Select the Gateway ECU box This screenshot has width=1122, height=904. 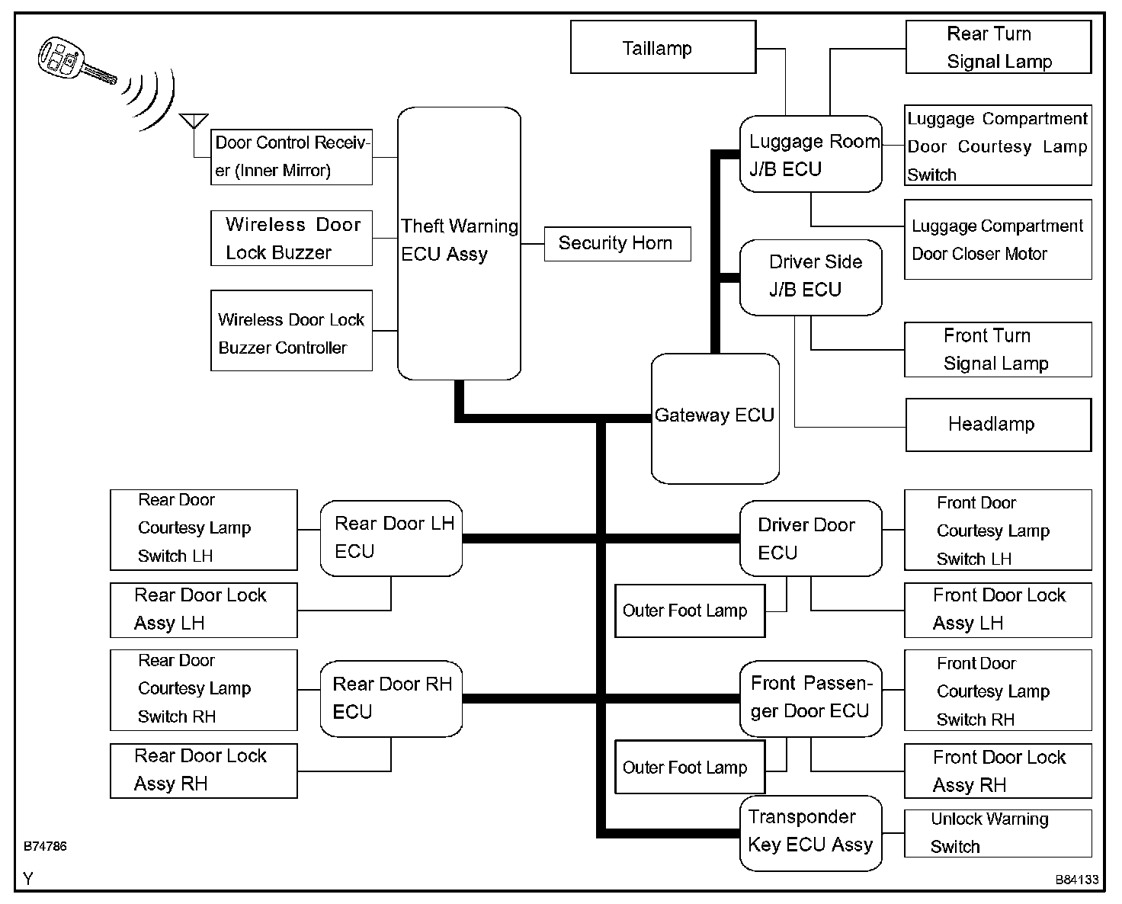(x=715, y=418)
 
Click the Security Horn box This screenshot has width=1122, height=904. (x=617, y=244)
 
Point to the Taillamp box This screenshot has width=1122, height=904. (x=662, y=47)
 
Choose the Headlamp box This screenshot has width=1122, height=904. (x=998, y=425)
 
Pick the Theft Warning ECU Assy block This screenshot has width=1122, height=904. (x=459, y=242)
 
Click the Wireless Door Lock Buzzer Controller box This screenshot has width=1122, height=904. (x=291, y=331)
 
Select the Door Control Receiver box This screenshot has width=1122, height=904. (x=291, y=157)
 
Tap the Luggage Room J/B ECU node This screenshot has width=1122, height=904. (x=810, y=154)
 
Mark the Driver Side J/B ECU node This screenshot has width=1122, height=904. (x=810, y=277)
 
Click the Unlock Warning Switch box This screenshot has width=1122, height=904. (x=998, y=833)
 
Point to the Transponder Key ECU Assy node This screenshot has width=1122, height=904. (x=810, y=832)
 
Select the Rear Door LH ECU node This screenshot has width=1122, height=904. (x=391, y=538)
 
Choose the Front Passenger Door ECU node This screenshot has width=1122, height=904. (x=810, y=698)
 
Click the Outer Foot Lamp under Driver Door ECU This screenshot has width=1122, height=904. (x=690, y=611)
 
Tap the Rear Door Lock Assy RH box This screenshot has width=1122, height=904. (x=204, y=771)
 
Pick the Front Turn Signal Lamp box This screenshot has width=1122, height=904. (x=998, y=350)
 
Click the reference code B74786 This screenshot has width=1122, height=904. (x=45, y=846)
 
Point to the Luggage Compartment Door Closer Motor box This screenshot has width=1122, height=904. (x=998, y=239)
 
